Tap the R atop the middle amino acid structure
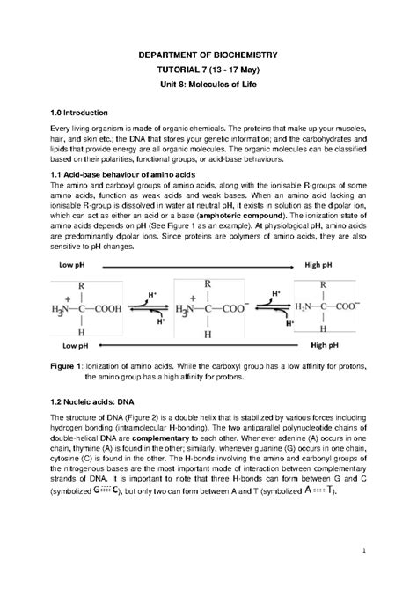208,285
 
